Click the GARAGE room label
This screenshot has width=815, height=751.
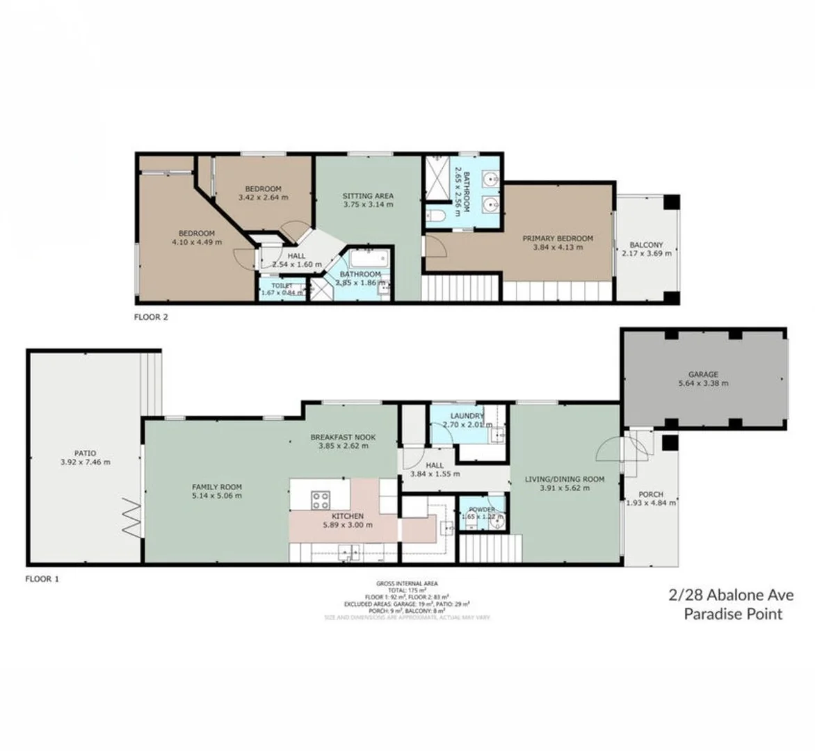click(x=703, y=374)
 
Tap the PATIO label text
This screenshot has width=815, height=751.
click(x=85, y=453)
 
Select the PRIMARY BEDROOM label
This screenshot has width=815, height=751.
click(x=558, y=239)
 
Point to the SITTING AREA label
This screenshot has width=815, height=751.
click(x=368, y=196)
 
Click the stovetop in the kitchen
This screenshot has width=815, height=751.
click(x=320, y=499)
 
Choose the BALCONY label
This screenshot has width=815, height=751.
click(x=646, y=245)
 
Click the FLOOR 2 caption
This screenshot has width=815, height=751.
click(x=151, y=317)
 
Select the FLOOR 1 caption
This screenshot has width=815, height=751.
click(x=42, y=579)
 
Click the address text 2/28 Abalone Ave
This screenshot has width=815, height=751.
click(x=731, y=595)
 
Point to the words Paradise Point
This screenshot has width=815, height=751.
click(x=733, y=614)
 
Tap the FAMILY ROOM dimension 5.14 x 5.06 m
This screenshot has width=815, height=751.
click(x=217, y=496)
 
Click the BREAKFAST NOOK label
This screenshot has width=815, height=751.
click(x=343, y=437)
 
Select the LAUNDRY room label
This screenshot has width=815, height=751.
click(x=467, y=416)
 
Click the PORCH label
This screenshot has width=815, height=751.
click(x=650, y=494)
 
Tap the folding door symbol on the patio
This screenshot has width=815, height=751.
click(x=132, y=517)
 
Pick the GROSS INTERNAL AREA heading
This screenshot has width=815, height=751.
click(x=407, y=583)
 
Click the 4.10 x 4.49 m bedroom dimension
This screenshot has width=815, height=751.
click(x=197, y=242)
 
